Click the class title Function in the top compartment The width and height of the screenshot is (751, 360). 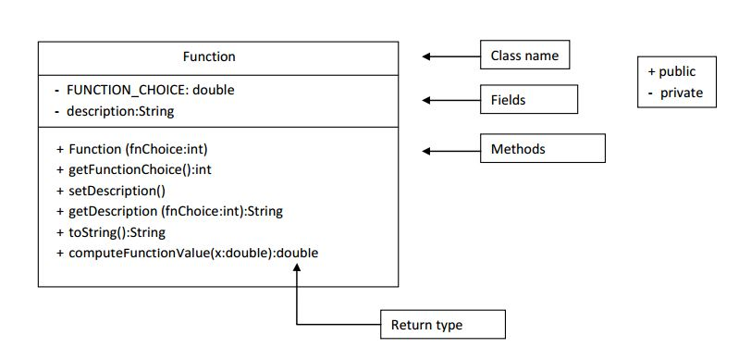(x=209, y=56)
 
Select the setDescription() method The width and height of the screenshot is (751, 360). (x=117, y=191)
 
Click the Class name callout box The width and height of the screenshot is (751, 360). (x=524, y=56)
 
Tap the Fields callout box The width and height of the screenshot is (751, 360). (x=528, y=100)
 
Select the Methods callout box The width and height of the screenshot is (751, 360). (x=542, y=149)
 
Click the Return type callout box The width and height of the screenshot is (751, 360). (x=443, y=325)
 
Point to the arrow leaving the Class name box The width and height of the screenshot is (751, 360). (x=450, y=56)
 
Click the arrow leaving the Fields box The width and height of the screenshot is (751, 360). (x=450, y=100)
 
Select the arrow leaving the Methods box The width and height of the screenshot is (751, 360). (x=450, y=150)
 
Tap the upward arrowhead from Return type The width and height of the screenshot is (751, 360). (x=297, y=267)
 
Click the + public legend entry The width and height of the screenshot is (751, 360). (x=671, y=71)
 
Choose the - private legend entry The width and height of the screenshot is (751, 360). (x=675, y=93)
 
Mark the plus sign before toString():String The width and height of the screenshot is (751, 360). (x=60, y=232)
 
